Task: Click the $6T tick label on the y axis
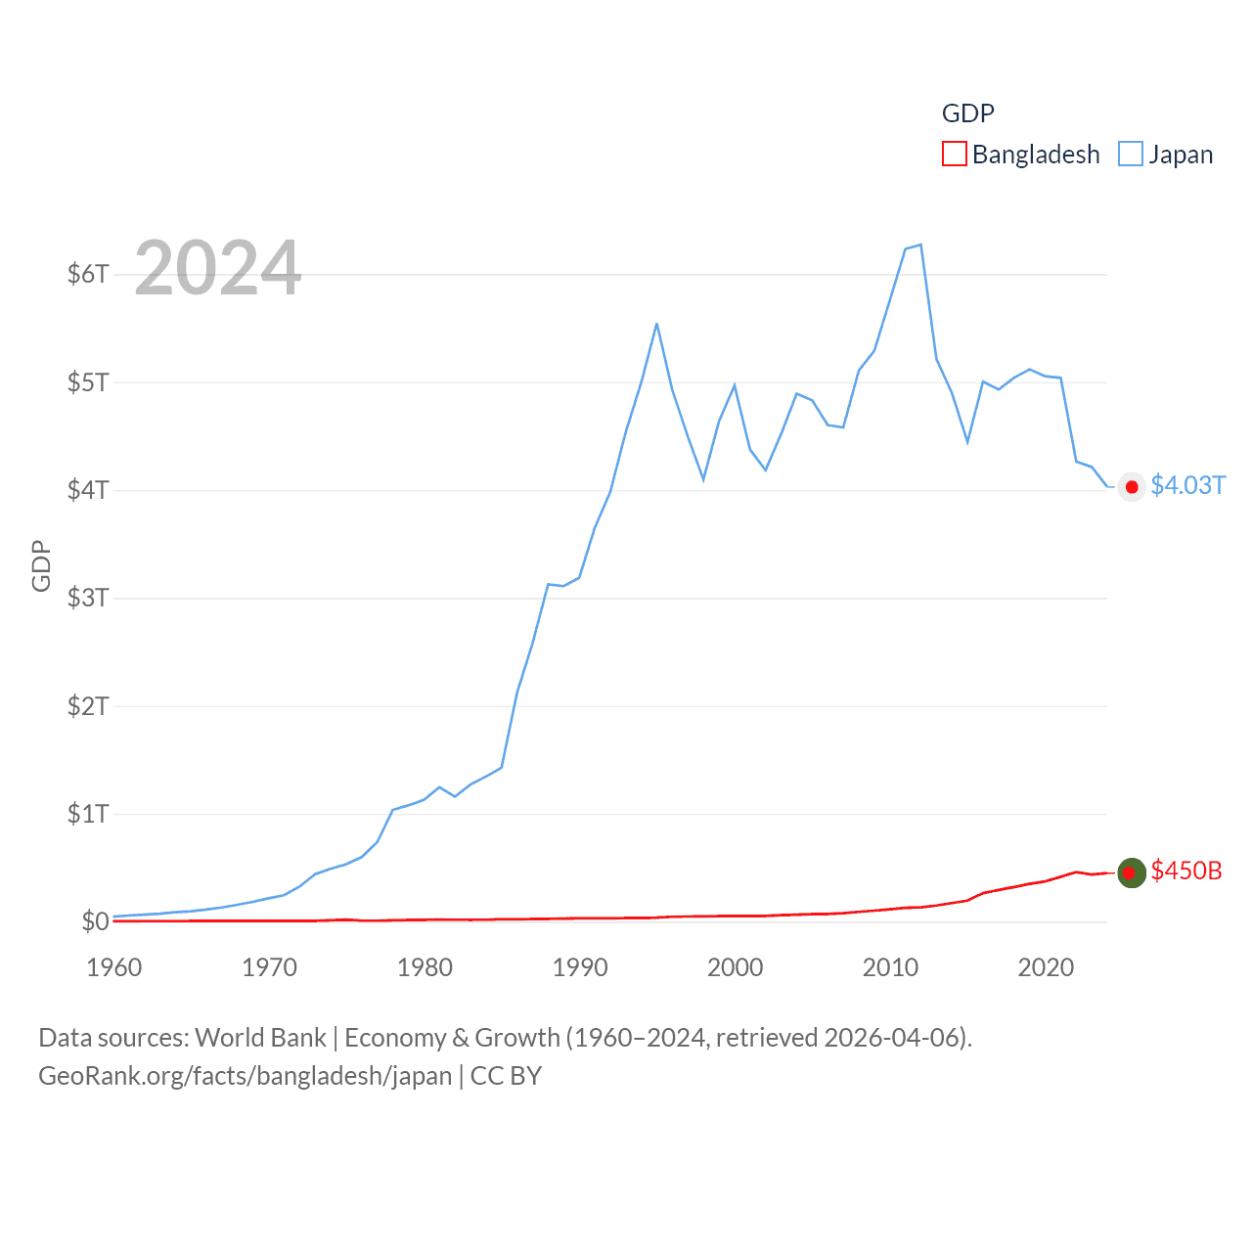[x=88, y=274]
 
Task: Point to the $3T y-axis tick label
[x=88, y=598]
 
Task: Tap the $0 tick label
[x=95, y=921]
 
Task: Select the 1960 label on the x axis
[x=114, y=967]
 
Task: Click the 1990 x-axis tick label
[x=580, y=967]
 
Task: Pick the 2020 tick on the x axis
[x=1046, y=967]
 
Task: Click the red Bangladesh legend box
[x=954, y=155]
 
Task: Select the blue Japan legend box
[x=1130, y=155]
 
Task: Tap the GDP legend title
[x=967, y=113]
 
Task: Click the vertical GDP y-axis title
[x=41, y=565]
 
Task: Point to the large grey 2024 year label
[x=217, y=268]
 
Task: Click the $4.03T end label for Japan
[x=1187, y=485]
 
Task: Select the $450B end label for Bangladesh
[x=1186, y=871]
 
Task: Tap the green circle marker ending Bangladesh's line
[x=1132, y=872]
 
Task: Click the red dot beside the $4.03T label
[x=1132, y=487]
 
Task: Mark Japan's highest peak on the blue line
[x=920, y=245]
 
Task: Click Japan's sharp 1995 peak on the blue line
[x=656, y=324]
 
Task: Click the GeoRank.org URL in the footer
[x=245, y=1076]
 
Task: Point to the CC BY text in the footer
[x=506, y=1076]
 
